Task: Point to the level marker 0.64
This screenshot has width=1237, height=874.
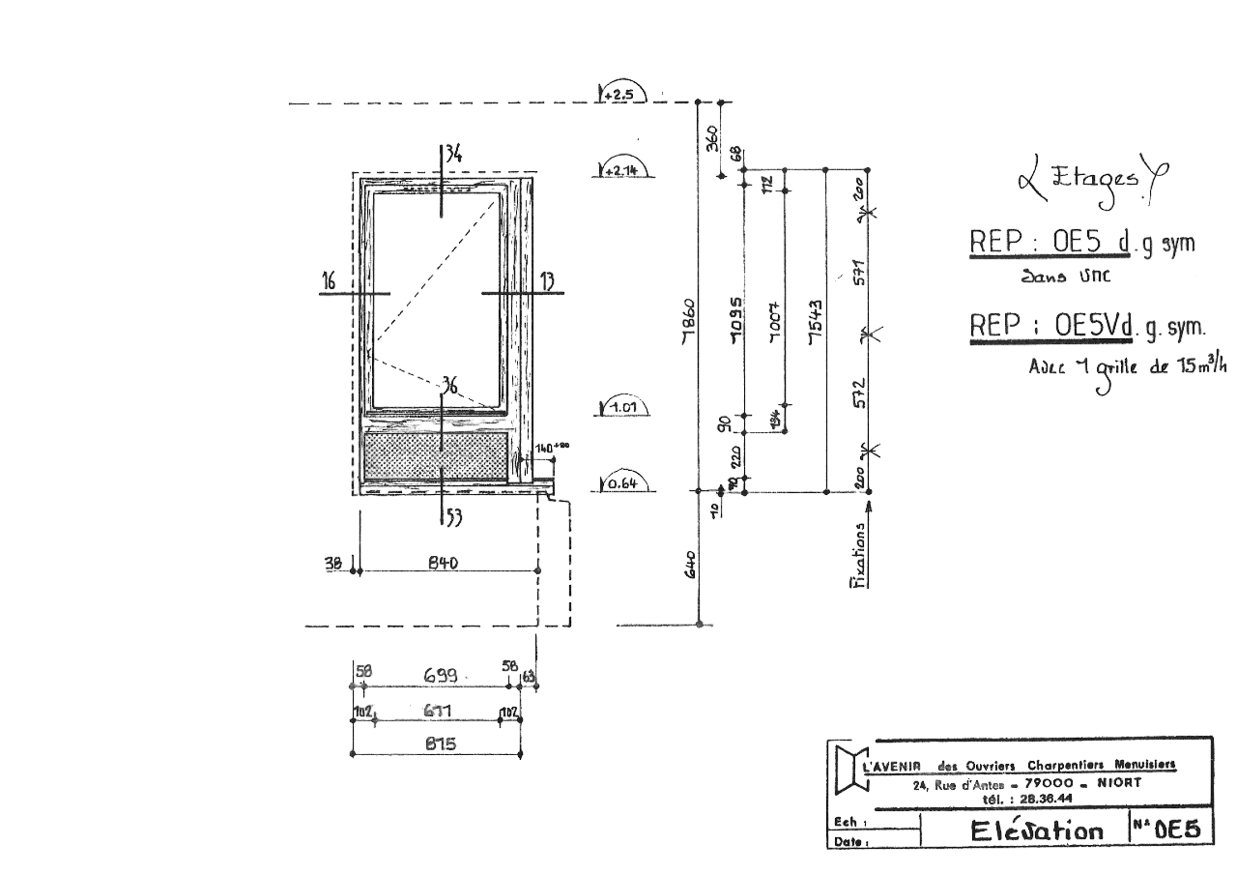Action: tap(618, 483)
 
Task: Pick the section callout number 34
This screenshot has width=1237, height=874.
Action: tap(452, 153)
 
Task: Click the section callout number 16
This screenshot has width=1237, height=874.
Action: tap(330, 281)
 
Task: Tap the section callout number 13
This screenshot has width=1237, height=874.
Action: tap(547, 281)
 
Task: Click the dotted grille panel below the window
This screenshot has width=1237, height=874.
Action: tap(435, 455)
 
